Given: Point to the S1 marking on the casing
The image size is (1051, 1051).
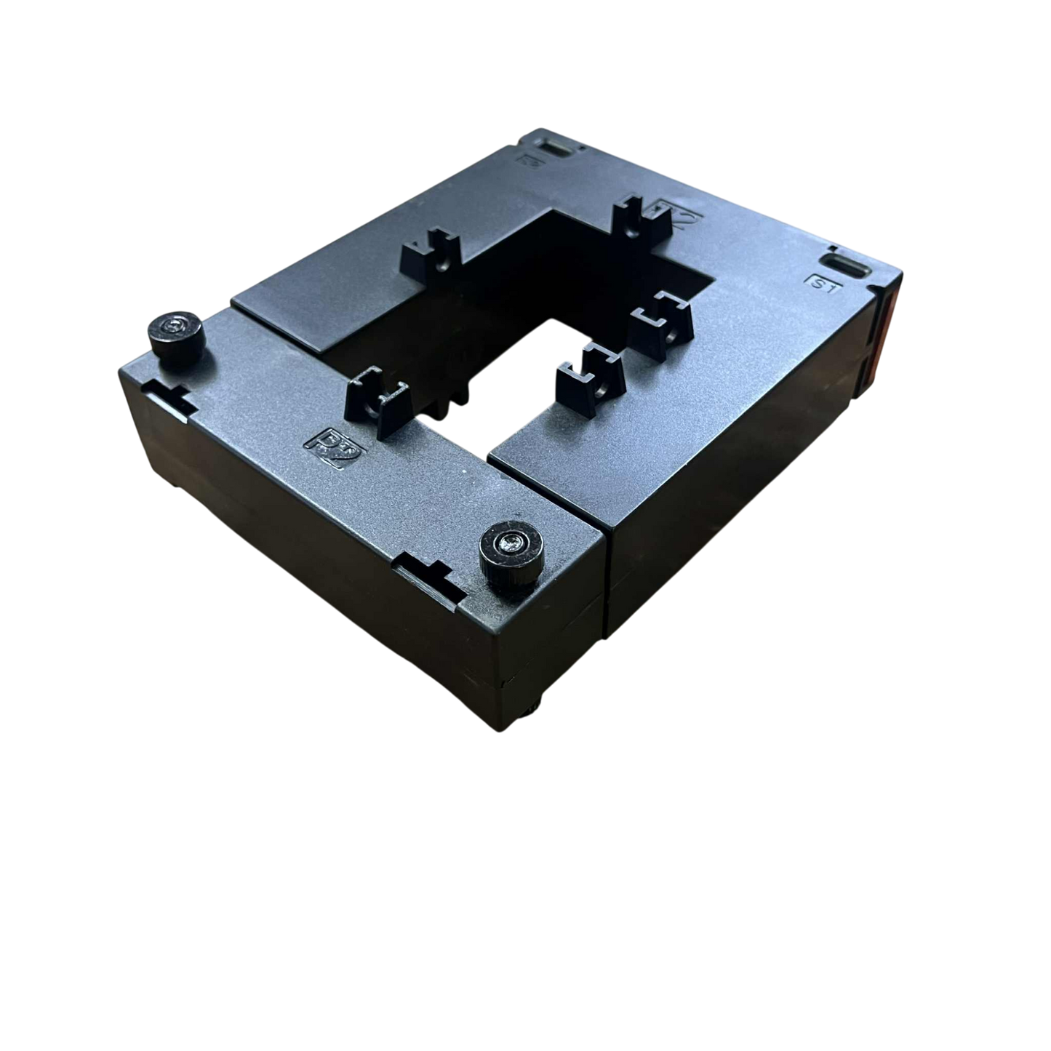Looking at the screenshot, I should pyautogui.click(x=822, y=284).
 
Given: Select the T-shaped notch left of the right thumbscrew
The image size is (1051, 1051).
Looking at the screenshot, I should pyautogui.click(x=429, y=575).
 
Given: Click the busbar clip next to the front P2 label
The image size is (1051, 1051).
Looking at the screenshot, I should pyautogui.click(x=378, y=404).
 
